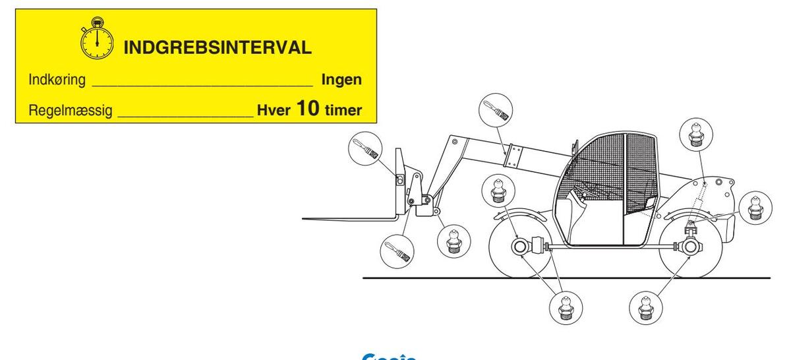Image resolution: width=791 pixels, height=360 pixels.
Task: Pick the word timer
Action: tap(343, 110)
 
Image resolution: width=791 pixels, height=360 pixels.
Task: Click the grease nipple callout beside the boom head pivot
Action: tap(454, 242)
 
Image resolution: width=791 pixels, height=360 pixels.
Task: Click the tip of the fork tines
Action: tap(305, 217)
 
